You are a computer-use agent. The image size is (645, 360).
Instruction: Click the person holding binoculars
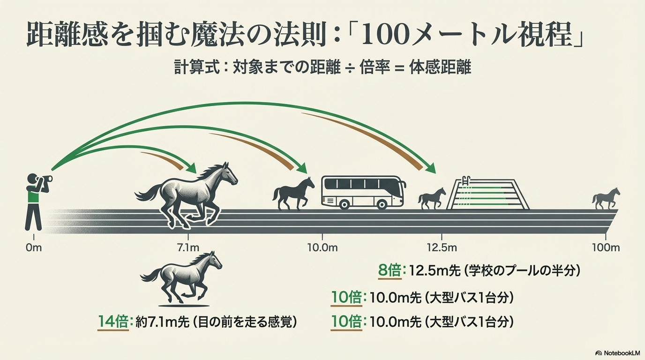click(x=36, y=202)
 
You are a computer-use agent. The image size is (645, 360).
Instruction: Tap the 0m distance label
click(x=34, y=247)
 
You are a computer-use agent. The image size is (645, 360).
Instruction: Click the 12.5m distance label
click(x=442, y=247)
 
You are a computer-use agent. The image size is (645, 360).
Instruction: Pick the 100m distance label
click(x=606, y=247)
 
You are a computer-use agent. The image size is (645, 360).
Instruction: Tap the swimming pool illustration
click(x=487, y=194)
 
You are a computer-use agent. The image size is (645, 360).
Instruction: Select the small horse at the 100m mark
click(x=606, y=198)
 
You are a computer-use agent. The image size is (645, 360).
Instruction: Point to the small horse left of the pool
click(x=432, y=199)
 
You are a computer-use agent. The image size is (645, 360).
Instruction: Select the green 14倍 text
click(x=112, y=322)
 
